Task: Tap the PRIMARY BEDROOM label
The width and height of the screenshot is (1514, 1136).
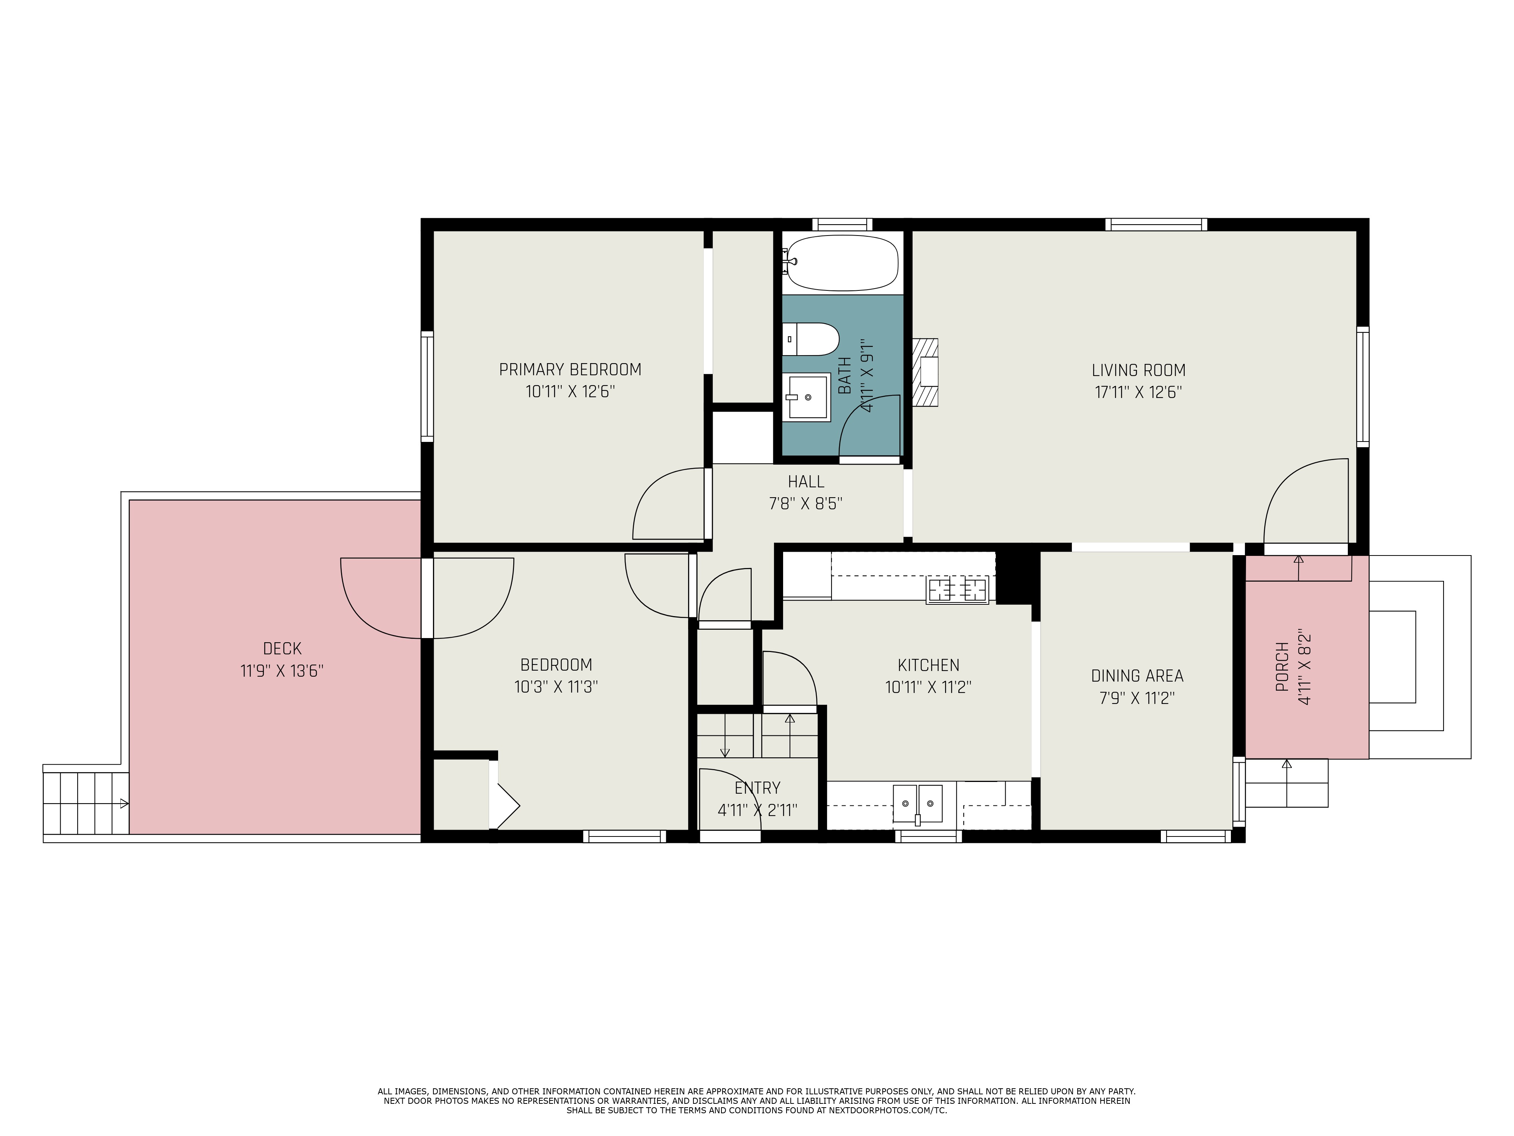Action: (570, 370)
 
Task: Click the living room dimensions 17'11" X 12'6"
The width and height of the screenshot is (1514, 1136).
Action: (1138, 392)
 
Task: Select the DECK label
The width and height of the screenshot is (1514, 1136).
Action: (282, 648)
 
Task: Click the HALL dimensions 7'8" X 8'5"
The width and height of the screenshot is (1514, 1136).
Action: (805, 504)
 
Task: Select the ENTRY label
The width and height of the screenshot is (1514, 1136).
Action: (757, 788)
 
